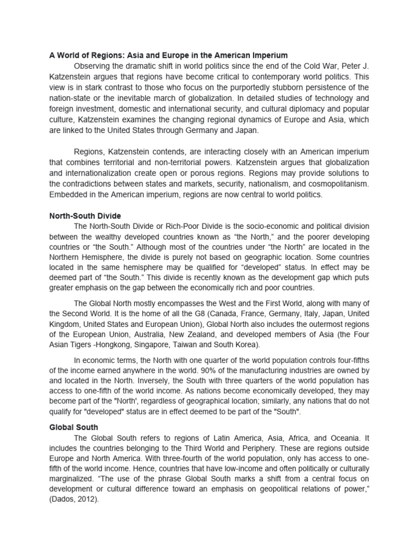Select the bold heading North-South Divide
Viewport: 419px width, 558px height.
[85, 216]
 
